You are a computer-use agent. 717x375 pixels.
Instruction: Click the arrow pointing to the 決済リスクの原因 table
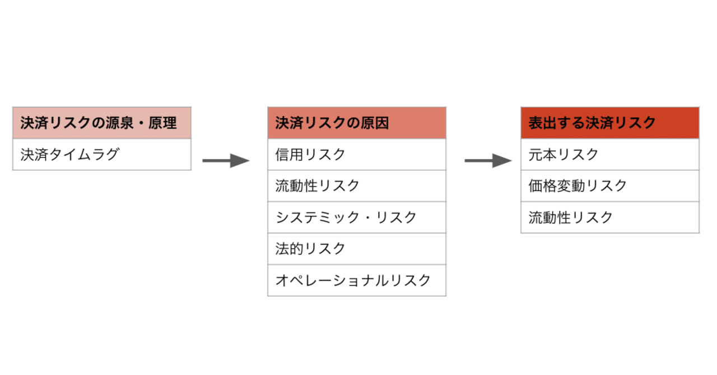[226, 161]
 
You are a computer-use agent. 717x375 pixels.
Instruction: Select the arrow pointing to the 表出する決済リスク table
[488, 161]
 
